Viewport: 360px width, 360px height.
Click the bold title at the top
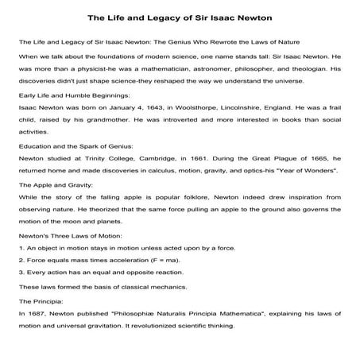[180, 17]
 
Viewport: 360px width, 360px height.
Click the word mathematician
[143, 68]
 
